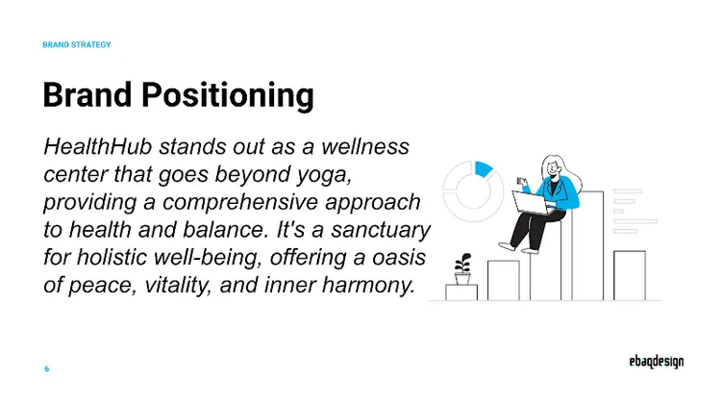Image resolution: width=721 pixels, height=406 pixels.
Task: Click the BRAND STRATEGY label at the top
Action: click(x=77, y=45)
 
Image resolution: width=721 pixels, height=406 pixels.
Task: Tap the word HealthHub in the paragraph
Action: click(x=98, y=147)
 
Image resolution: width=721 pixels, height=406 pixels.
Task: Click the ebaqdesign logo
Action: click(x=650, y=363)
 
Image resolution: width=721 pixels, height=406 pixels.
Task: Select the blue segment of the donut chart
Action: click(x=484, y=169)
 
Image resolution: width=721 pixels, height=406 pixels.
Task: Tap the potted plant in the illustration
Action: click(x=463, y=268)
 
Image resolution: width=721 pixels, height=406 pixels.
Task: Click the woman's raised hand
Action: click(x=524, y=179)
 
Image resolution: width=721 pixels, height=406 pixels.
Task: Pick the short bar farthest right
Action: click(x=630, y=275)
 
